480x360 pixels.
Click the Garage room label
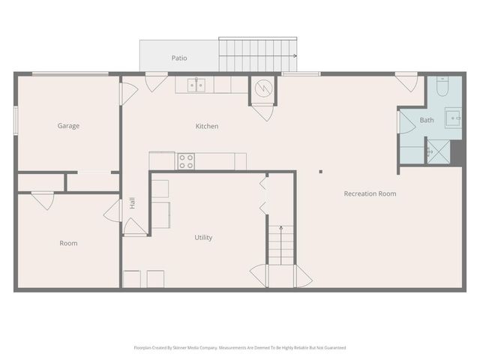pos(68,126)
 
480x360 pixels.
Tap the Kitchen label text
pos(207,126)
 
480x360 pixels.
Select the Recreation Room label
pos(370,193)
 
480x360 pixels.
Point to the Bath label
pos(426,120)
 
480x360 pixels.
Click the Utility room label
pos(203,238)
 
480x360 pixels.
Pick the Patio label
pos(178,58)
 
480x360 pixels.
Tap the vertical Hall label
pos(132,202)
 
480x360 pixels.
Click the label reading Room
pos(68,243)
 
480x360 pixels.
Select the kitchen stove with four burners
pos(186,160)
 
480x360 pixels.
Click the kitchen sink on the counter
pos(196,85)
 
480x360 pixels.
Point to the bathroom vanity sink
pos(454,118)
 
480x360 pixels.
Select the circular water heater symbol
pos(262,88)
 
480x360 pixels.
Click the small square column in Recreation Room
pos(320,172)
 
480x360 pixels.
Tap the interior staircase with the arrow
pos(280,244)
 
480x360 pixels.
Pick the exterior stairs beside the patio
pos(256,55)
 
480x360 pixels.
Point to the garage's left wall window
pos(15,121)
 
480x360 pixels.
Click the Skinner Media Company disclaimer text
pos(239,348)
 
